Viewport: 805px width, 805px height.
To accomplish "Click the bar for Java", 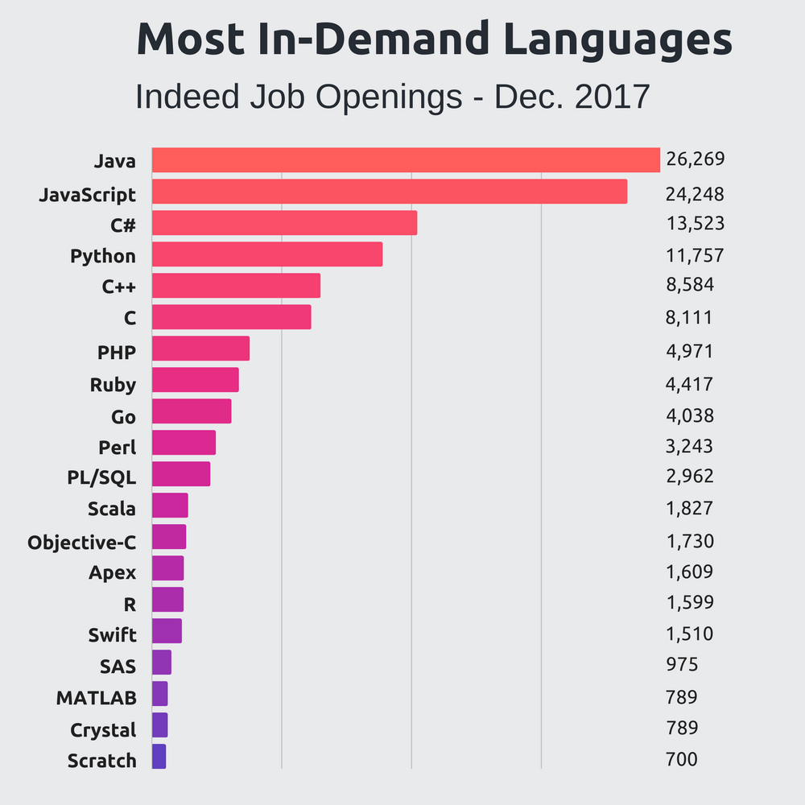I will click(406, 160).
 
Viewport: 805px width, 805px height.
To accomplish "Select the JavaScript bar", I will click(390, 192).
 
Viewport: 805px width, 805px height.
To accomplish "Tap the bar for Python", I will click(266, 254).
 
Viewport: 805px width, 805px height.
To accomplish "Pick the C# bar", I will click(284, 223).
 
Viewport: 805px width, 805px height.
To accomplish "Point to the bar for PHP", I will click(200, 349).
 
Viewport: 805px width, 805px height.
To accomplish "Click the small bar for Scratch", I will click(159, 756).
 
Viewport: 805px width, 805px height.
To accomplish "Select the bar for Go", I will click(192, 411).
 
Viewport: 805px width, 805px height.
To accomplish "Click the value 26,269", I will click(695, 159).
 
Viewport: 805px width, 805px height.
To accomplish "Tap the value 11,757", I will click(695, 256).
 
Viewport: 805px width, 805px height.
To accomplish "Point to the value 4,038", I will click(689, 415).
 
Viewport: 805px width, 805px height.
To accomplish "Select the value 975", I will click(681, 665).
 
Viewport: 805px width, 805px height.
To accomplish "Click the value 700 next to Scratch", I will click(681, 759).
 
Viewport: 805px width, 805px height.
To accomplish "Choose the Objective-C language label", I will click(81, 542).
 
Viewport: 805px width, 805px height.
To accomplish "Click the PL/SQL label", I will click(101, 477).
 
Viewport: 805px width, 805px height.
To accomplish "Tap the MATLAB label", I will click(96, 697).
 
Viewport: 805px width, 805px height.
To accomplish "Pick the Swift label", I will click(112, 635).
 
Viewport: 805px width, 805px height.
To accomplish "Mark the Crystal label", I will click(103, 730).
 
